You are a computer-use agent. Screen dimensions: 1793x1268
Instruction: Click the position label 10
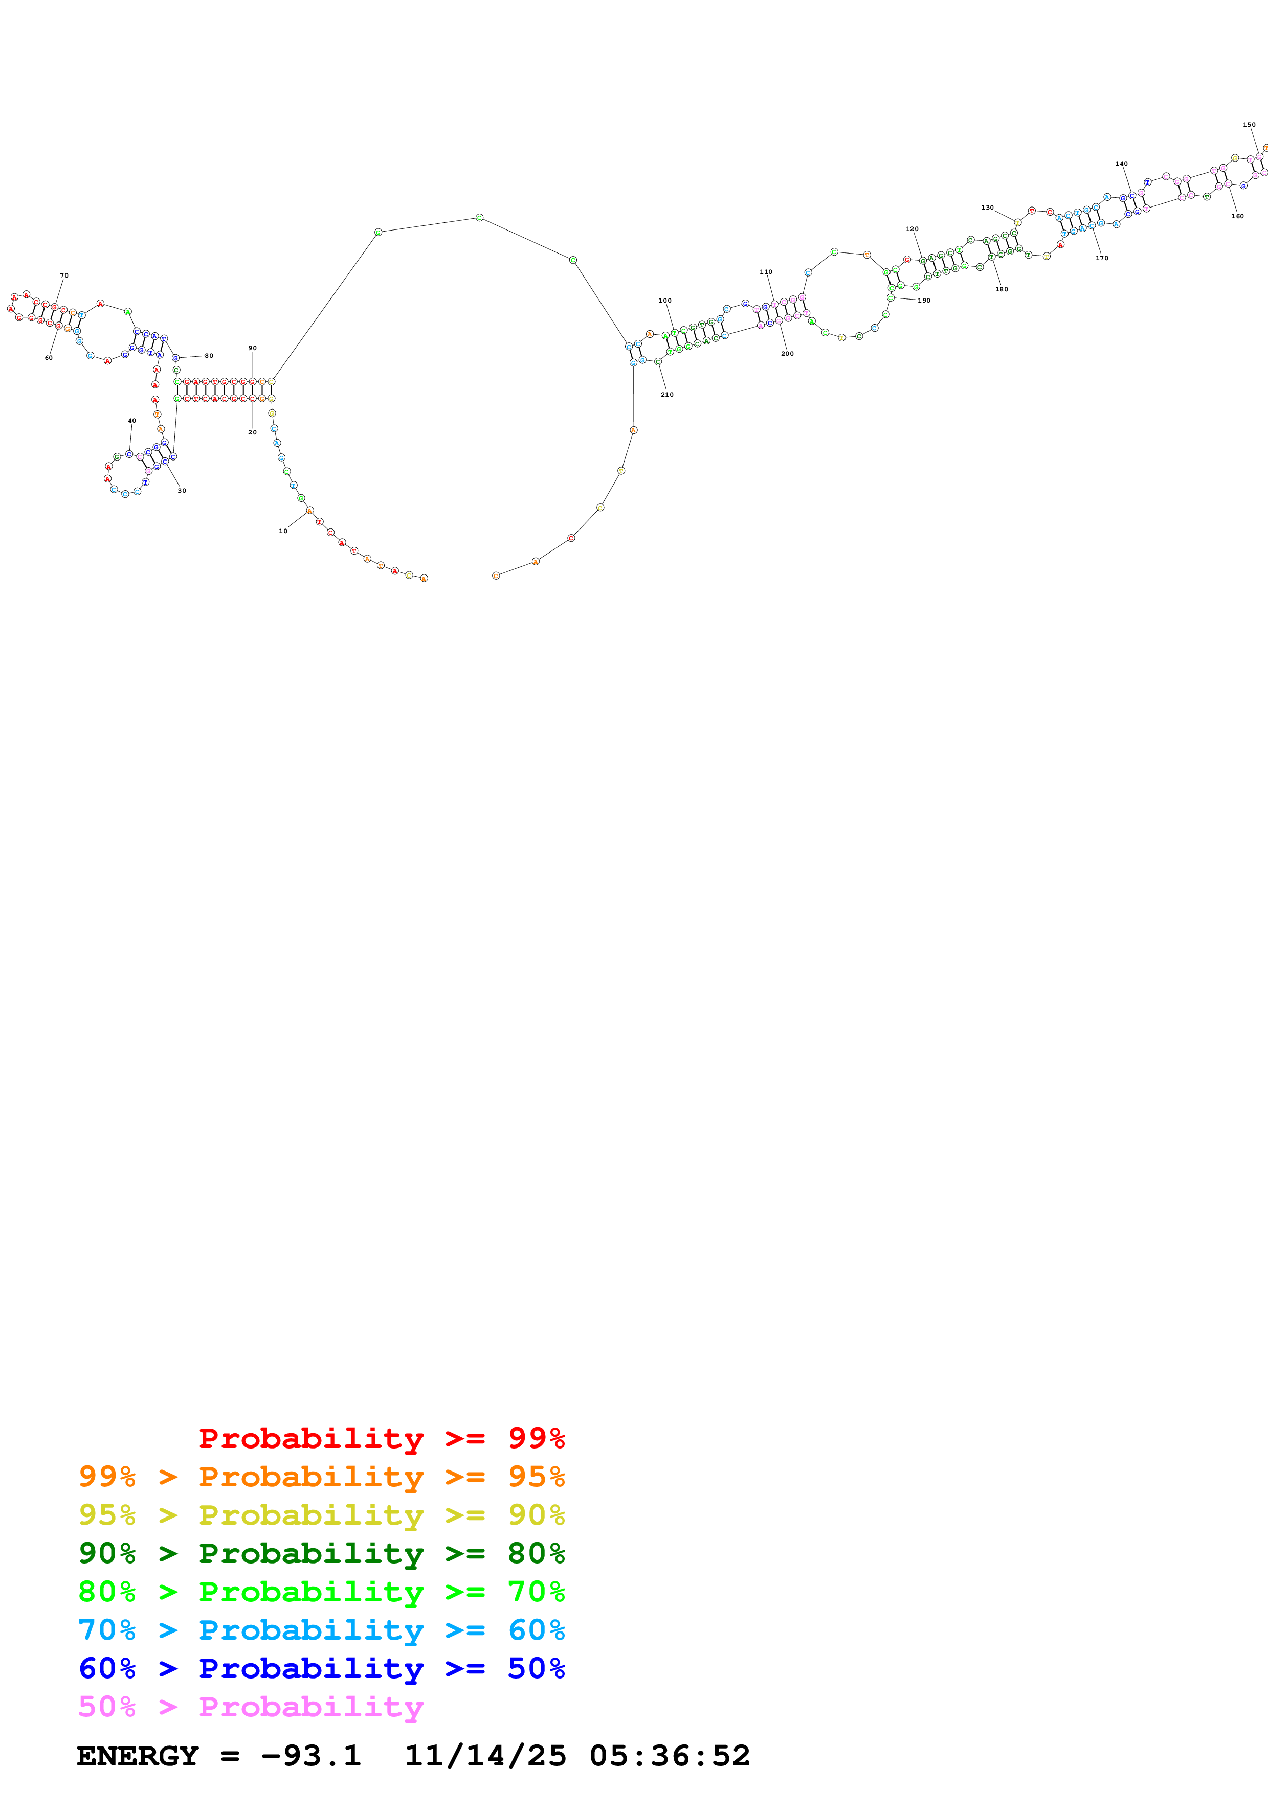click(x=283, y=531)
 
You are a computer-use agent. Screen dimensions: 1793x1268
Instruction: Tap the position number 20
click(x=252, y=432)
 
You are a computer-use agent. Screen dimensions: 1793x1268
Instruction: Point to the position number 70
click(x=64, y=275)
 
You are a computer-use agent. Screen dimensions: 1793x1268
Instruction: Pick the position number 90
click(x=252, y=348)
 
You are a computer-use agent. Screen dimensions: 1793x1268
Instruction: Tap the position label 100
click(x=665, y=301)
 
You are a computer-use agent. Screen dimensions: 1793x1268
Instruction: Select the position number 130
click(x=988, y=208)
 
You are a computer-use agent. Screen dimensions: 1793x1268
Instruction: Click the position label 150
click(x=1249, y=125)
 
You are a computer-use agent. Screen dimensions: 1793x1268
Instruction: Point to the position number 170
click(x=1102, y=258)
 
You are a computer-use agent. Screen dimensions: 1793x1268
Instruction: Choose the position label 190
click(x=924, y=301)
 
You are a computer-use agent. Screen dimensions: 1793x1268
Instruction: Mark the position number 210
click(x=667, y=395)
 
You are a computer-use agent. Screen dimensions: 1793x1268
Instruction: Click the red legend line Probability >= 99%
click(x=381, y=1438)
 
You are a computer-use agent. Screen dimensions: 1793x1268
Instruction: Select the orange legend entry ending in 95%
click(x=321, y=1476)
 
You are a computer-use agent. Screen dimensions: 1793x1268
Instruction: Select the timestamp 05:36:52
click(x=670, y=1756)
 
